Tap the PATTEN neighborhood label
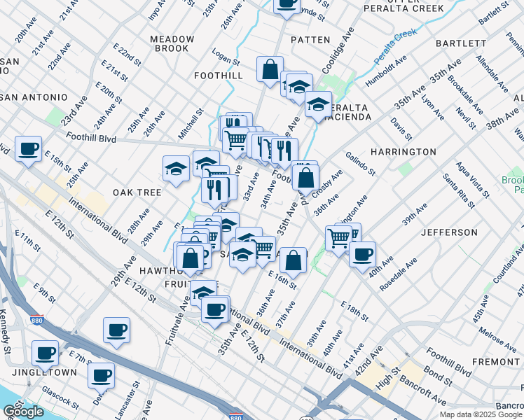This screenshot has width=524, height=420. click(310, 40)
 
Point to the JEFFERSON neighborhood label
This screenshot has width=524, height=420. click(449, 232)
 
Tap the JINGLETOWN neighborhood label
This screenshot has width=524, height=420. click(48, 372)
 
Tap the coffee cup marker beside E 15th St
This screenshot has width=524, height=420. click(29, 149)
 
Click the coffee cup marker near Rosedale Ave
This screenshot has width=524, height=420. click(362, 255)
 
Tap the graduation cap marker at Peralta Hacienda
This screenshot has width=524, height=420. click(318, 105)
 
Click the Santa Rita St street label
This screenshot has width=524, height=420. click(460, 195)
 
